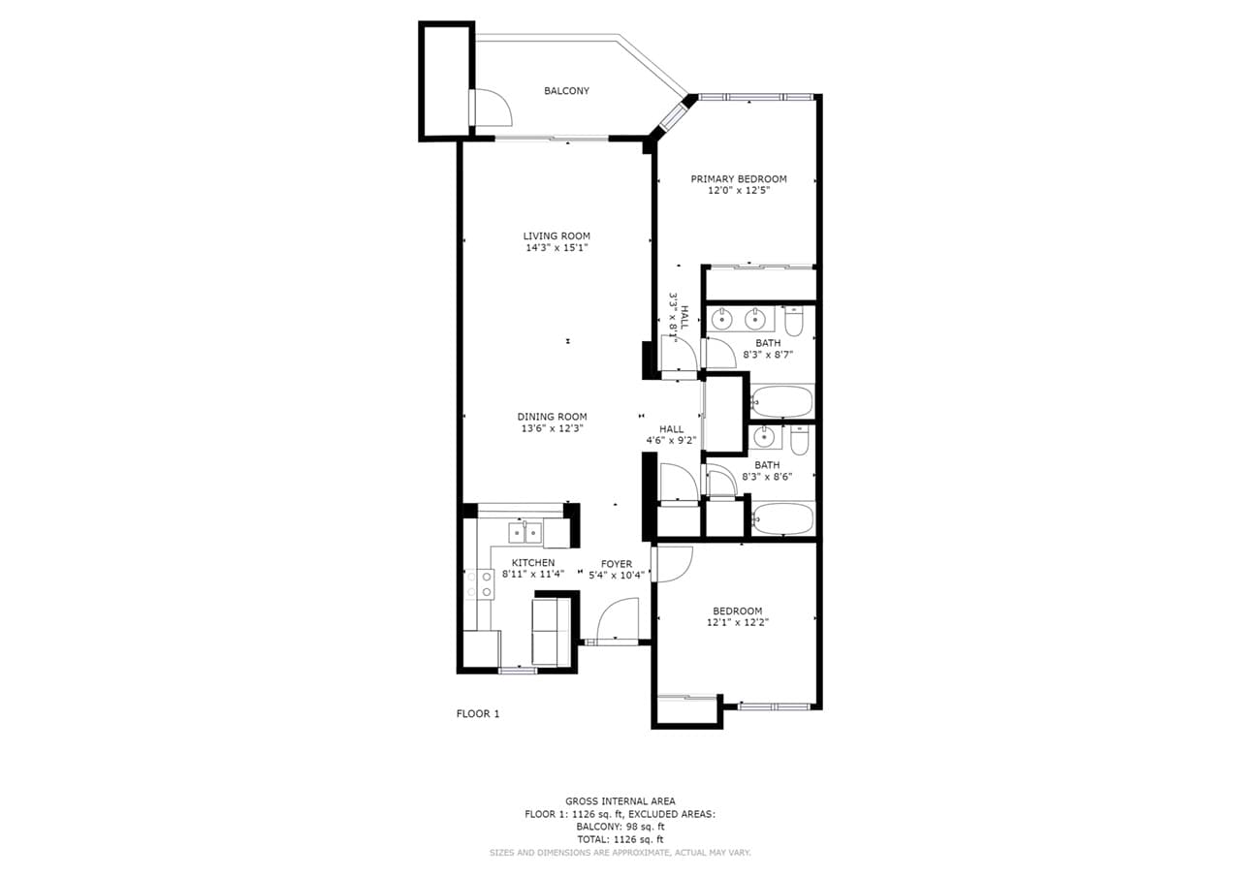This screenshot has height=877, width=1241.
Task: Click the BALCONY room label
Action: point(566,91)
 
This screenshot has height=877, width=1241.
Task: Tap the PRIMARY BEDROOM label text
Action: point(738,179)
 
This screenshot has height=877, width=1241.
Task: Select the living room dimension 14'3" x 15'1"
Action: point(557,248)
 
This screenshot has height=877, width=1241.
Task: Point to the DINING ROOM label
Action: point(552,417)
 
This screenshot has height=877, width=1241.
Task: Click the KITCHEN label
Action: point(533,563)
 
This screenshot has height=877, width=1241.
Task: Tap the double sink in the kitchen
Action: point(525,532)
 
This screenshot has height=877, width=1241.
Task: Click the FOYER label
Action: point(617,564)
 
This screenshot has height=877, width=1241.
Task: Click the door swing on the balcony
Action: point(490,108)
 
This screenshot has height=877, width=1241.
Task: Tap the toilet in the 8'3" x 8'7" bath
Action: point(794,320)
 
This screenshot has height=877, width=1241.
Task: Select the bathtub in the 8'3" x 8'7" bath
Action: point(782,401)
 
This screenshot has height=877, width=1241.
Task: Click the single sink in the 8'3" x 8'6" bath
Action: point(767,438)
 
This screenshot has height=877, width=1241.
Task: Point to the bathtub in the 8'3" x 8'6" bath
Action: point(782,518)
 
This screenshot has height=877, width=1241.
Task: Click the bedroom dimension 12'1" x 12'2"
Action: point(737,623)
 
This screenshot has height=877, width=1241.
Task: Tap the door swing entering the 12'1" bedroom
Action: point(672,564)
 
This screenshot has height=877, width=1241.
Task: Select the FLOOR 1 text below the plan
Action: point(478,714)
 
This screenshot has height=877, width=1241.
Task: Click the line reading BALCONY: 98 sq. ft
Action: point(620,827)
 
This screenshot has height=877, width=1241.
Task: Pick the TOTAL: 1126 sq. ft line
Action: point(620,839)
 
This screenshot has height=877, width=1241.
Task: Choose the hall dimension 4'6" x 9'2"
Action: point(671,440)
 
